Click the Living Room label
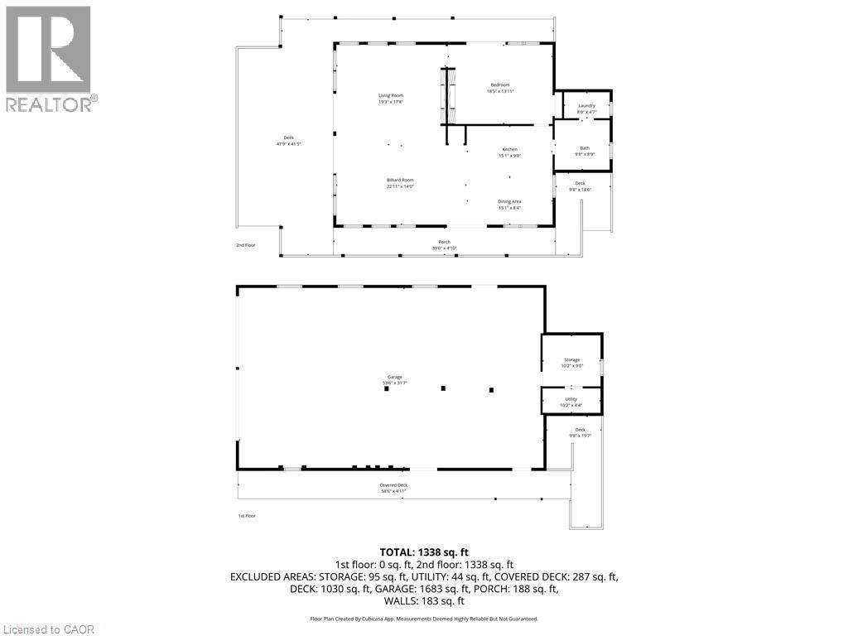coord(391,99)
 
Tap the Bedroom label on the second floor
coord(500,88)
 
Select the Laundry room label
coord(586,108)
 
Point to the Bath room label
coord(585,151)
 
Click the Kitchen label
coord(508,152)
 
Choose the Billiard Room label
coord(400,183)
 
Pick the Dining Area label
coord(509,205)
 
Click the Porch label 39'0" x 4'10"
coord(445,245)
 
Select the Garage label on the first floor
coord(394,380)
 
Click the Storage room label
coord(572,363)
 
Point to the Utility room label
coord(571,402)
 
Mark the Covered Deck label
coord(393,488)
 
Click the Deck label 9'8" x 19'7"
coord(581,432)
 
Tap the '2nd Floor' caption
coord(246,246)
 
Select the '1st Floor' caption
coord(246,515)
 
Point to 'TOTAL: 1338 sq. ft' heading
coord(423,551)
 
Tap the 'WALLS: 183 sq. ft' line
coord(423,601)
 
